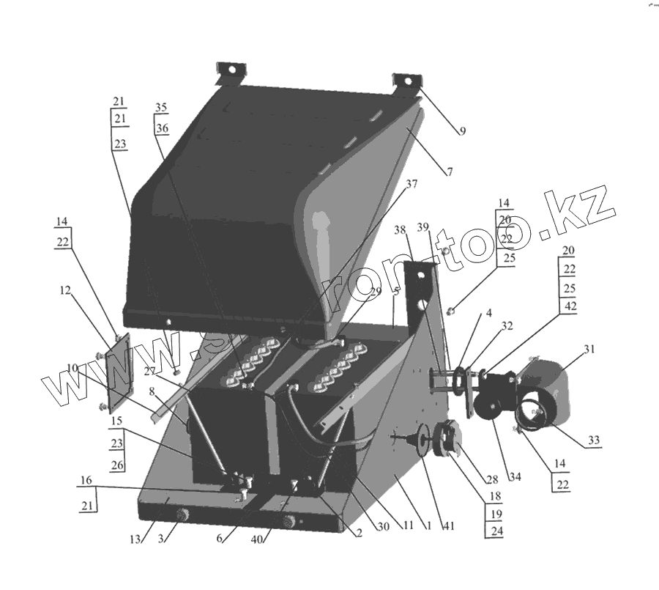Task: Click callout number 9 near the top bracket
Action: [462, 132]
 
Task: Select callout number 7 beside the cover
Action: [449, 172]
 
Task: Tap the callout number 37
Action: [411, 184]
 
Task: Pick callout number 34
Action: [515, 478]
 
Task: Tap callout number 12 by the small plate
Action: [65, 290]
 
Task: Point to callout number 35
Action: [161, 107]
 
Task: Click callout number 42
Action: [568, 307]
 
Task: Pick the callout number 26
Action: [117, 465]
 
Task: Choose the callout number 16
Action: [86, 481]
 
